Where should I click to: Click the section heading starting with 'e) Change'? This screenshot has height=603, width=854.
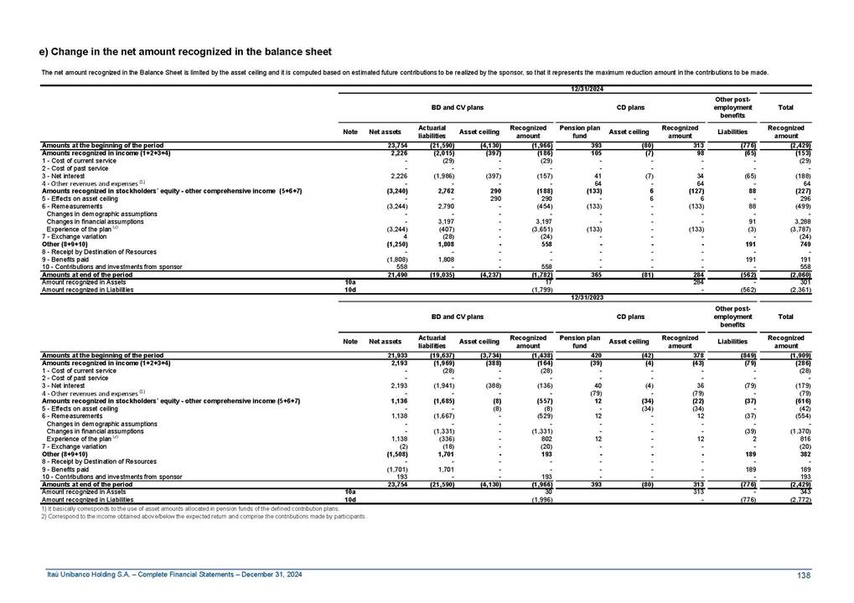click(185, 52)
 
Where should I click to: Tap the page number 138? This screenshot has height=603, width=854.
click(804, 575)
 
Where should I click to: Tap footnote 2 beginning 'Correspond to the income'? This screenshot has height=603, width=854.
click(204, 516)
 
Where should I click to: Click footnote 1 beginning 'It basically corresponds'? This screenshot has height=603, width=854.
click(189, 508)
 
